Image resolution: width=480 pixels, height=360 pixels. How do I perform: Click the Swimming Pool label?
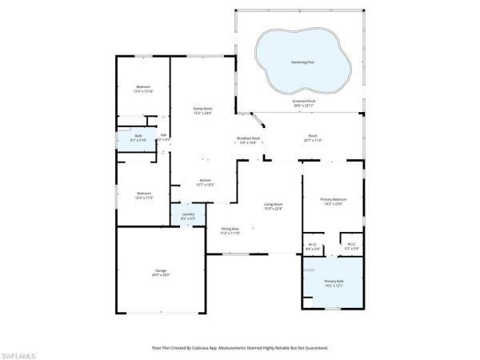(303, 62)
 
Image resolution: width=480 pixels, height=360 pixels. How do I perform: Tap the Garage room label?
(161, 270)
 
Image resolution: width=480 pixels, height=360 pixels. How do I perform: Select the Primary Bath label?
(333, 281)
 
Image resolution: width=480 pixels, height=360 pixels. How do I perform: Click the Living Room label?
(273, 204)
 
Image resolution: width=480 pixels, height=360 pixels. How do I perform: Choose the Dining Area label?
(230, 229)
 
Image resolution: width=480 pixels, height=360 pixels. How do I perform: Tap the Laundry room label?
(187, 214)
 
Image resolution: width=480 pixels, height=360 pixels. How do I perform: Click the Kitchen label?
(205, 180)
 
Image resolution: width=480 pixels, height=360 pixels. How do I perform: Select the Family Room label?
(202, 108)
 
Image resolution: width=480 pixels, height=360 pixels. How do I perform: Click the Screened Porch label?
(304, 102)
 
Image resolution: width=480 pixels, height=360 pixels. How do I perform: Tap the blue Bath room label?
(138, 136)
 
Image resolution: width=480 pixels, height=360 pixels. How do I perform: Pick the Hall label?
(163, 135)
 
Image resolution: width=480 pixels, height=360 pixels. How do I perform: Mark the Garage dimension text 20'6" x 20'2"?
(161, 275)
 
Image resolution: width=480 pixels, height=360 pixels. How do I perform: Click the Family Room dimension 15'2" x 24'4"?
(202, 113)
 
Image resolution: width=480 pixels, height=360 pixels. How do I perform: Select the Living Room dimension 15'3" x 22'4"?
(273, 209)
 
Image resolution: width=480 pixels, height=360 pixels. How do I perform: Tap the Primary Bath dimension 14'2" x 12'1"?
(333, 286)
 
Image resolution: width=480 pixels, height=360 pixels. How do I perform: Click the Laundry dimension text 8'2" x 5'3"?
(187, 218)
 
